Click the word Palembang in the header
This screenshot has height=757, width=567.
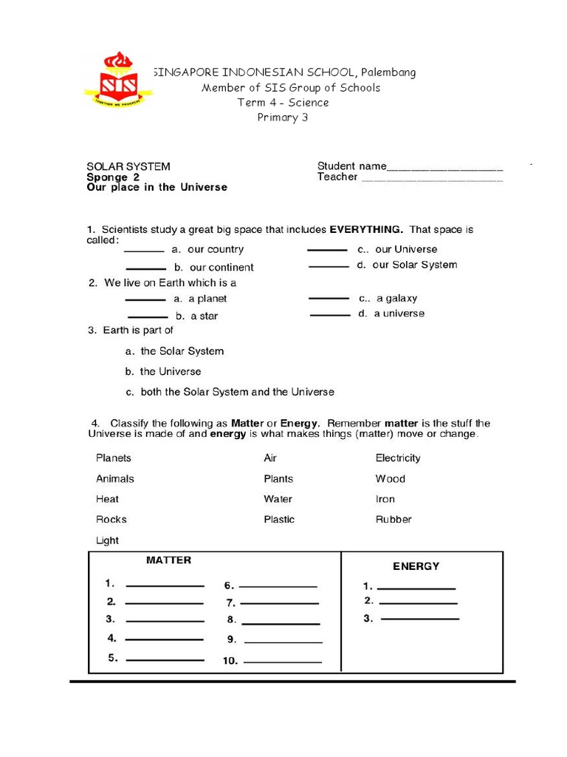pyautogui.click(x=388, y=72)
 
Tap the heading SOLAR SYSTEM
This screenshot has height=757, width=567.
pyautogui.click(x=128, y=166)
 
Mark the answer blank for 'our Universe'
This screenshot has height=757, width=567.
pyautogui.click(x=327, y=251)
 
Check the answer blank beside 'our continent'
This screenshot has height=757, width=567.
pyautogui.click(x=146, y=269)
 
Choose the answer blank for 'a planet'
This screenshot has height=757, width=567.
pyautogui.click(x=145, y=300)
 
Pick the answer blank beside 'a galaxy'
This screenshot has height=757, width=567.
pyautogui.click(x=329, y=299)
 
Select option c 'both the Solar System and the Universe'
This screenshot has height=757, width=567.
pyautogui.click(x=230, y=392)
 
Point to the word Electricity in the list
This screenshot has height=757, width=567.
pyautogui.click(x=398, y=458)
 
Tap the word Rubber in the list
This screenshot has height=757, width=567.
pyautogui.click(x=394, y=520)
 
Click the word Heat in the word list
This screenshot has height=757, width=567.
pyautogui.click(x=107, y=499)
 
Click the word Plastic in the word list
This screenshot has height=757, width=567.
pyautogui.click(x=279, y=520)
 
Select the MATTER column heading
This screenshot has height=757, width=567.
pyautogui.click(x=168, y=560)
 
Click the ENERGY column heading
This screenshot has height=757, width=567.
pyautogui.click(x=416, y=566)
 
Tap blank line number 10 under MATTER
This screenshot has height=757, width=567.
pyautogui.click(x=282, y=662)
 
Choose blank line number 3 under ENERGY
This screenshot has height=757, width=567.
pyautogui.click(x=419, y=619)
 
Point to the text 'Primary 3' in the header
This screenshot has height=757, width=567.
pyautogui.click(x=282, y=118)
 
